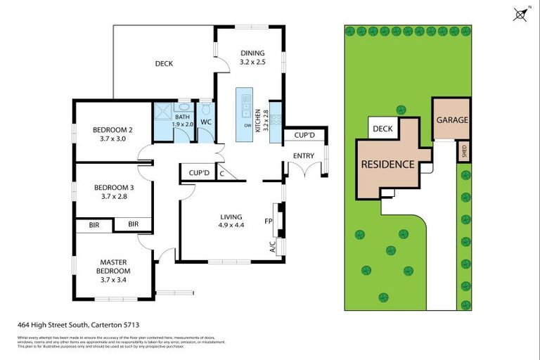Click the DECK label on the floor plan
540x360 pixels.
(164, 64)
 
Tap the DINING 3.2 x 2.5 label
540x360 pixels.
(252, 58)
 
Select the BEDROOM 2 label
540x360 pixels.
(112, 134)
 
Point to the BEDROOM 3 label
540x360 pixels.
(112, 192)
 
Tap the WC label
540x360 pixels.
(206, 122)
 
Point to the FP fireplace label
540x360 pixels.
(268, 221)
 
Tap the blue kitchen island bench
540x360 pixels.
(245, 113)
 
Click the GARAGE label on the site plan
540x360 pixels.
(451, 120)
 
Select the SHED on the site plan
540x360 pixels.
(463, 150)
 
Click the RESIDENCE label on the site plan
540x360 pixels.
(387, 165)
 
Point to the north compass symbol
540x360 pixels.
(521, 15)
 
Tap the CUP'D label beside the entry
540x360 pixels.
(303, 135)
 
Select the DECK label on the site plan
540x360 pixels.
(382, 129)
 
